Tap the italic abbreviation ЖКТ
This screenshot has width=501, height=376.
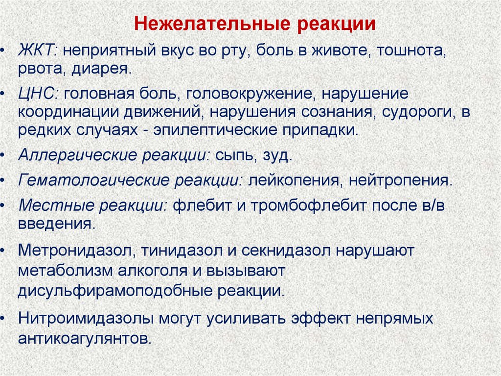coord(38,50)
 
